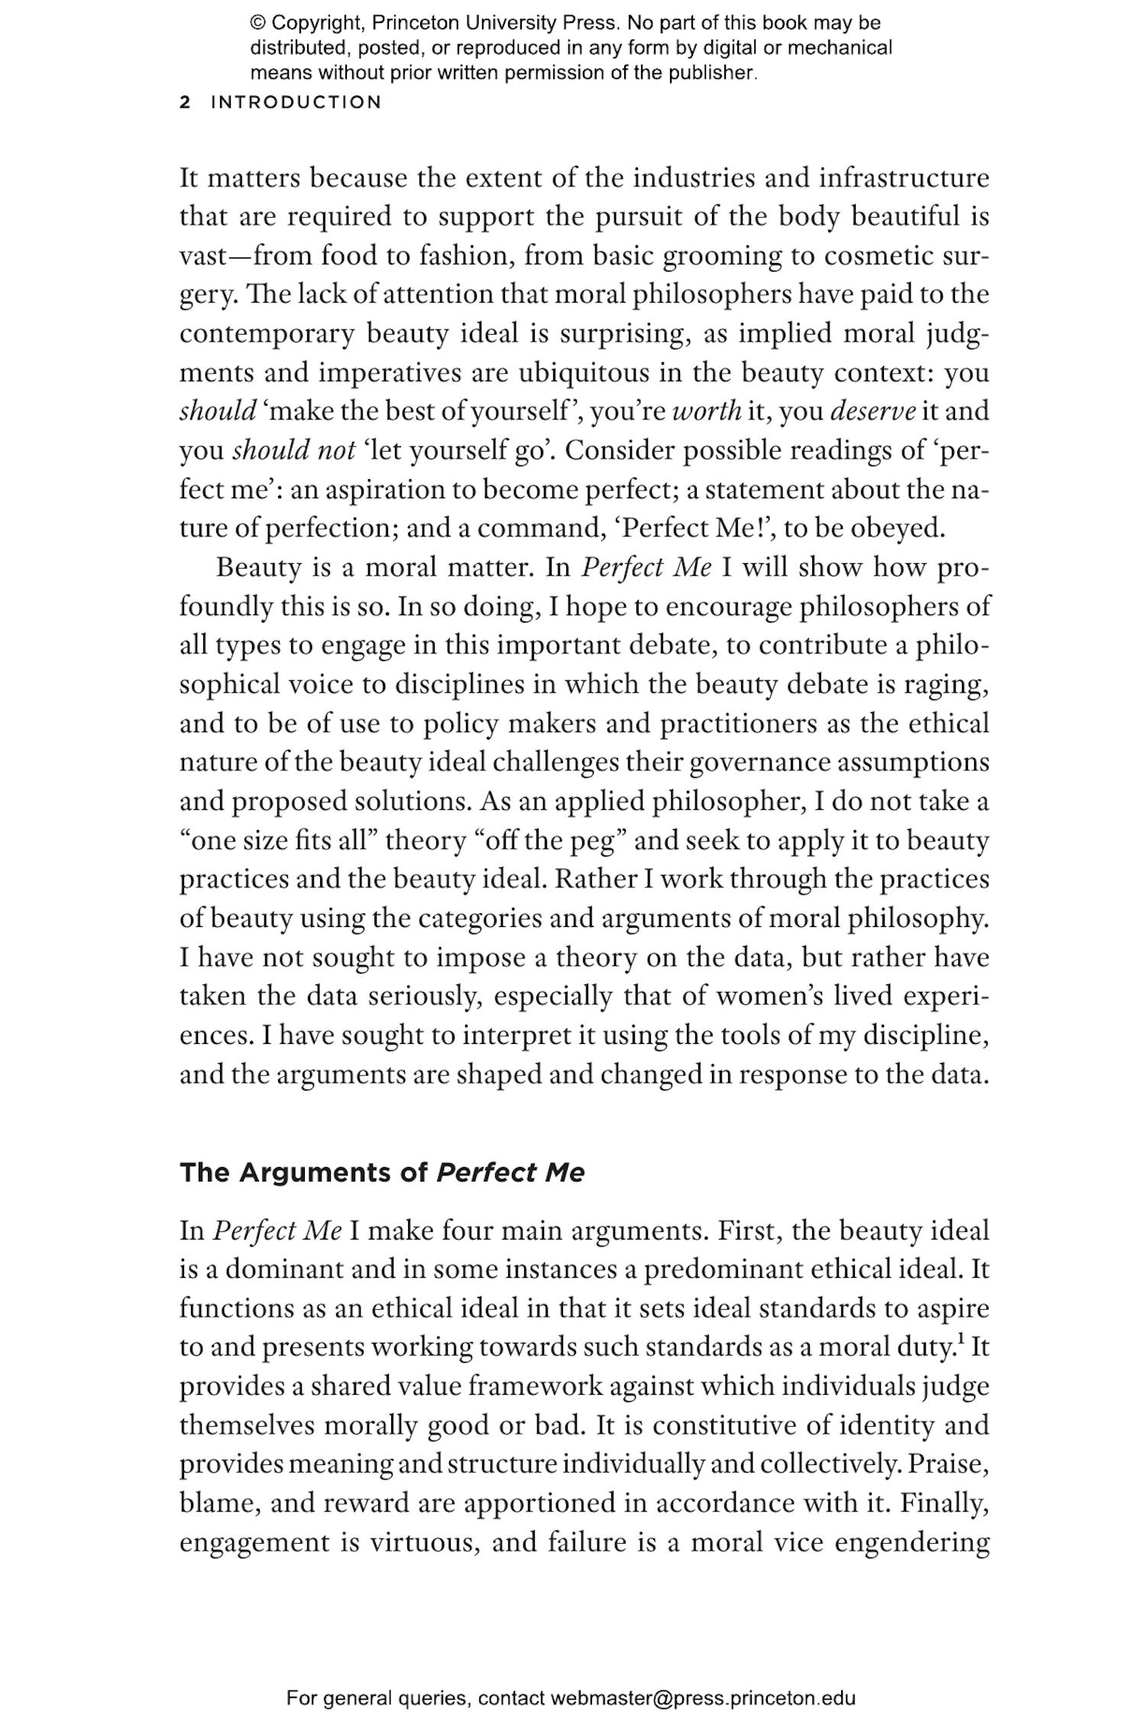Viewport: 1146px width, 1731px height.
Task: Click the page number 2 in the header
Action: click(185, 102)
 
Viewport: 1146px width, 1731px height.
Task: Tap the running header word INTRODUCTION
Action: click(296, 102)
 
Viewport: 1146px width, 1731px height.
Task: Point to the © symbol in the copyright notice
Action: click(257, 23)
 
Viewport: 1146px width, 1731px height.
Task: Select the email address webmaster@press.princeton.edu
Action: click(702, 1698)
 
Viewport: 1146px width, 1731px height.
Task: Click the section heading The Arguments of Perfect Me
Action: click(382, 1172)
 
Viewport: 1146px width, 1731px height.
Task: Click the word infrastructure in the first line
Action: click(904, 178)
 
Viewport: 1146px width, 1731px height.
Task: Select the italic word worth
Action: click(707, 411)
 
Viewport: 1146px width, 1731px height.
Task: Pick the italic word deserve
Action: click(872, 411)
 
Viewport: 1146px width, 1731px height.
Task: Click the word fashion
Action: click(463, 256)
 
